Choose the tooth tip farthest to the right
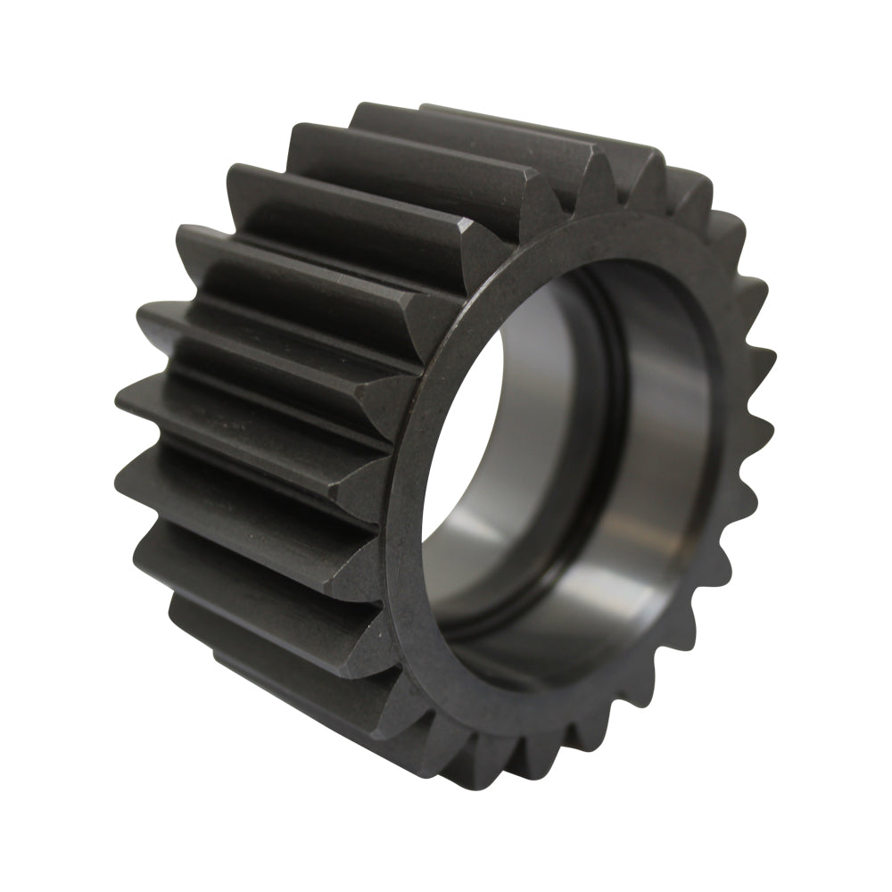[767, 357]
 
